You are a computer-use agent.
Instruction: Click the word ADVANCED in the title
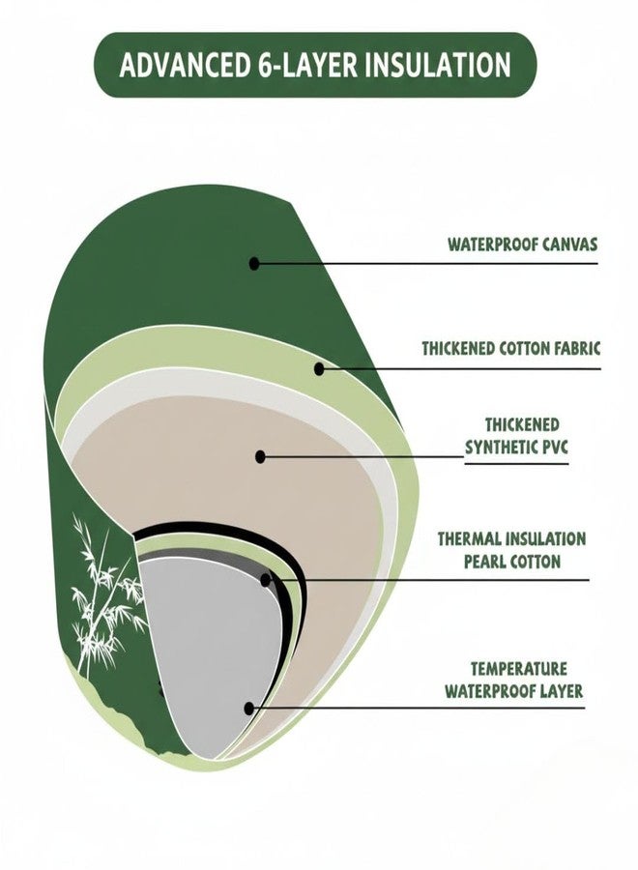coord(185,65)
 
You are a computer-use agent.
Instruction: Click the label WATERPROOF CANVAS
coord(523,245)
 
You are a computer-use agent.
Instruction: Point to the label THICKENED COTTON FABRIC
coord(511,348)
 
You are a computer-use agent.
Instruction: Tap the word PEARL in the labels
coord(483,561)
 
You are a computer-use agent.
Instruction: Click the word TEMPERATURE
coord(519,668)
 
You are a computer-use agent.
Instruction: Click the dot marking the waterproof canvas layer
coord(254,264)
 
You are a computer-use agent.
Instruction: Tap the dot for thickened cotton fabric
coord(319,368)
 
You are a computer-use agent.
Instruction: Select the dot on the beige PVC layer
coord(260,456)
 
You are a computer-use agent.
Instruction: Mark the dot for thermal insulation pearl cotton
coord(266,580)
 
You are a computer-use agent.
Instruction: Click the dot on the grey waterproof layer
coord(249,708)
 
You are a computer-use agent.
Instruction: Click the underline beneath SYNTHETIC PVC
coord(516,464)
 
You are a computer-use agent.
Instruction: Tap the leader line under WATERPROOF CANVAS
coord(426,264)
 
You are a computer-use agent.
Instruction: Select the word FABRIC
coord(577,348)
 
